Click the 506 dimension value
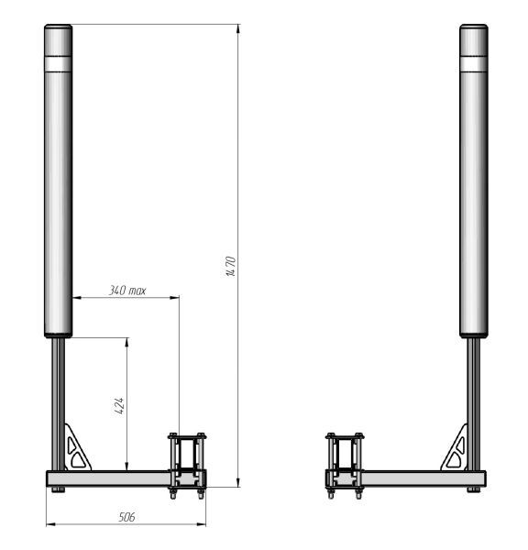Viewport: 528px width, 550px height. click(x=126, y=517)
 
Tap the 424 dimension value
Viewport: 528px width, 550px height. click(x=119, y=406)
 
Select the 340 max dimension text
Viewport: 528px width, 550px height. click(x=127, y=291)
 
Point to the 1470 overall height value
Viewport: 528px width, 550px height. click(x=231, y=266)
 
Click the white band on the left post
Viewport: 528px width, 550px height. click(x=59, y=64)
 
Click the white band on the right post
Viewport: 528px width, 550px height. click(x=474, y=64)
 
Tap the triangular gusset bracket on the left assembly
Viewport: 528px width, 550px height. click(x=77, y=449)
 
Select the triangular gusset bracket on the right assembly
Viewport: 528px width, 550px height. click(x=455, y=449)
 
